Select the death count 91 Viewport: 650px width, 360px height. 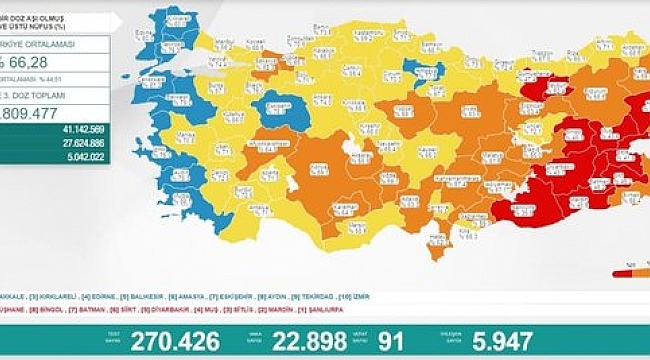391,342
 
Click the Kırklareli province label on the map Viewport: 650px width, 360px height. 180,20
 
